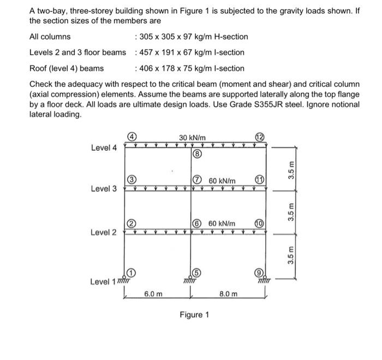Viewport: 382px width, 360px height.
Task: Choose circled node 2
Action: click(132, 223)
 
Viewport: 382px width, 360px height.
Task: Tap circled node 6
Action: click(197, 223)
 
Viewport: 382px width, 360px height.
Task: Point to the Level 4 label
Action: click(104, 147)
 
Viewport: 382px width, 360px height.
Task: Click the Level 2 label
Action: click(104, 233)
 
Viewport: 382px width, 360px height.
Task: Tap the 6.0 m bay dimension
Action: click(153, 294)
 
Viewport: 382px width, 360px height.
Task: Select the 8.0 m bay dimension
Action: click(229, 294)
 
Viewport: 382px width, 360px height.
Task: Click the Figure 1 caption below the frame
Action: click(194, 315)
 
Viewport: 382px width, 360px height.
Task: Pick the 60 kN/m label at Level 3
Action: click(222, 180)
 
